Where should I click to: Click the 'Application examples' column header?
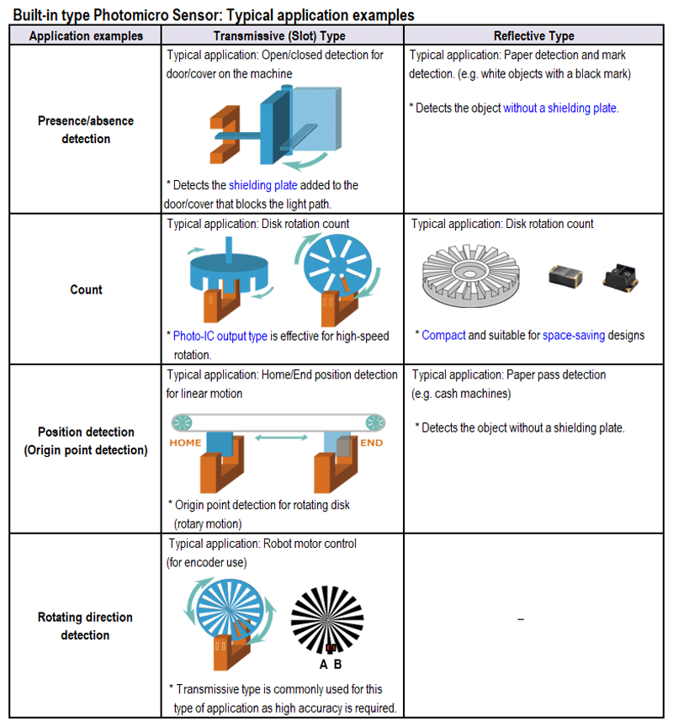pyautogui.click(x=85, y=36)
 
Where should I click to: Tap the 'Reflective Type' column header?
pyautogui.click(x=534, y=36)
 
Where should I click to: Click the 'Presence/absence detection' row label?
pyautogui.click(x=85, y=130)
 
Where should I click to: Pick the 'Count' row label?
pyautogui.click(x=86, y=289)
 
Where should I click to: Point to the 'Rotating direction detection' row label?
pyautogui.click(x=85, y=626)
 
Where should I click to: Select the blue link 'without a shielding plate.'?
pyautogui.click(x=561, y=108)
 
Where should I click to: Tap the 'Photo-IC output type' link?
pyautogui.click(x=220, y=336)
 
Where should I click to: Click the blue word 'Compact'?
pyautogui.click(x=443, y=335)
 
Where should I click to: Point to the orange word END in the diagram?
pyautogui.click(x=371, y=443)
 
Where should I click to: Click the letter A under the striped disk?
pyautogui.click(x=324, y=663)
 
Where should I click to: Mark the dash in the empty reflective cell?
pyautogui.click(x=522, y=620)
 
